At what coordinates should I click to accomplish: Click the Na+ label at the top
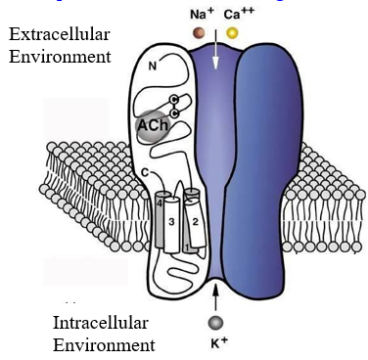pos(202,15)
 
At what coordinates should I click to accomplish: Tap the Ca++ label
pos(235,15)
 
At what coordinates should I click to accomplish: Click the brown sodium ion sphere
pos(200,33)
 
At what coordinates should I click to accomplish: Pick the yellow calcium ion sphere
pos(233,33)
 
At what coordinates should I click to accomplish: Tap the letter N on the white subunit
pos(152,69)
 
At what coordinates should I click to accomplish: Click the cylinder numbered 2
pos(196,223)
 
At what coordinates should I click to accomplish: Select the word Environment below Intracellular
pos(104,344)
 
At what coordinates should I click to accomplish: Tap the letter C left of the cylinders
pos(144,174)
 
